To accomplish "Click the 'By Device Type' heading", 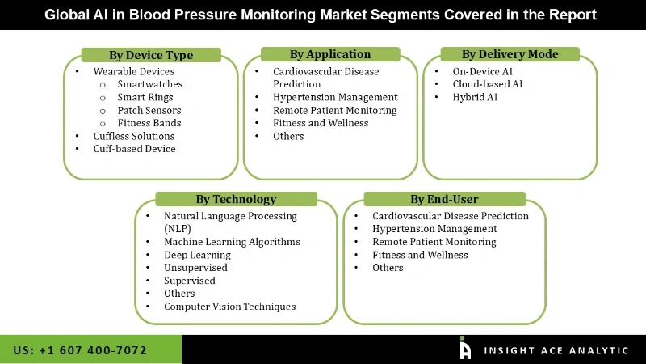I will click(x=151, y=55).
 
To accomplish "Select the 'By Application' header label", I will click(x=330, y=54).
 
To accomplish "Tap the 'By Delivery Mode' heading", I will click(x=510, y=54).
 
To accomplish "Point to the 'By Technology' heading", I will click(x=236, y=199).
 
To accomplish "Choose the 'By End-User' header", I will click(x=444, y=199).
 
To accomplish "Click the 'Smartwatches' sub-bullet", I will click(x=150, y=84).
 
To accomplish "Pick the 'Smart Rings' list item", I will click(x=144, y=97).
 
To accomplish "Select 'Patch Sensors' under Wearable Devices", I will click(x=149, y=110).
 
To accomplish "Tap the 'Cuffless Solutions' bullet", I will click(x=134, y=136).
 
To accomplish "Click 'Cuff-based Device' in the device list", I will click(x=134, y=149).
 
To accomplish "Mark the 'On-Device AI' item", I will click(x=483, y=71).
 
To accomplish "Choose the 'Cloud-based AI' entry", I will click(x=488, y=84).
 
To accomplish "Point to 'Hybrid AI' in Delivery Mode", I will click(x=476, y=97).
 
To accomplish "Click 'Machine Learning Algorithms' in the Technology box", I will click(x=232, y=242).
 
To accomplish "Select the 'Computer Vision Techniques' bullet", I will click(x=230, y=307).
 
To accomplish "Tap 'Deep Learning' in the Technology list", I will click(x=198, y=255).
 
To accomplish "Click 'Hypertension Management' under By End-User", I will click(x=434, y=229).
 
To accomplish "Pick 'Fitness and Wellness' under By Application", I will click(x=321, y=123).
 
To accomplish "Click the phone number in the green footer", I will click(x=80, y=350).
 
